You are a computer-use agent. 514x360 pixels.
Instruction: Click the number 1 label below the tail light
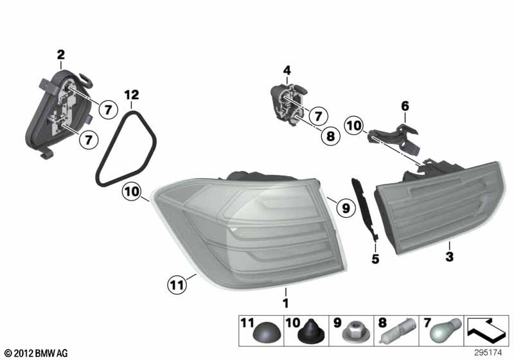coord(285,300)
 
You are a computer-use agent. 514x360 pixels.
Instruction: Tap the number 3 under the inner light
coord(450,255)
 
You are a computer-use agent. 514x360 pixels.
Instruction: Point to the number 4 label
coord(287,70)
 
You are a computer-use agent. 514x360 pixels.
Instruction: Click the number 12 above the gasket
coord(131,95)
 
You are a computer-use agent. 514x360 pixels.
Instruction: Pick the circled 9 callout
coord(344,208)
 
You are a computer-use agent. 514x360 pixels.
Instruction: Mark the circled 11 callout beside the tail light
coord(176,282)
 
